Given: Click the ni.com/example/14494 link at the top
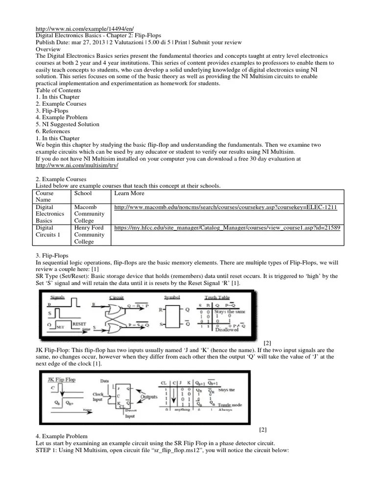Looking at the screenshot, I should [x=85, y=29].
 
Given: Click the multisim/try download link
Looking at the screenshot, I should [x=77, y=166].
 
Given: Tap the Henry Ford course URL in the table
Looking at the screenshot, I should [x=227, y=228].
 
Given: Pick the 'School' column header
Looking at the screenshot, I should [x=83, y=193].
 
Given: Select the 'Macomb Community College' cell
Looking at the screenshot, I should [x=89, y=214].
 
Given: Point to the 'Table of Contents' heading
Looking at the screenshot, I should [x=58, y=91].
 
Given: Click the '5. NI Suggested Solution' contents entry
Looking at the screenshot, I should [x=68, y=124].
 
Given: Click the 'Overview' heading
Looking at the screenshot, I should [x=48, y=49].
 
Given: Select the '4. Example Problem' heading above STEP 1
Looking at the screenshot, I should [x=62, y=436].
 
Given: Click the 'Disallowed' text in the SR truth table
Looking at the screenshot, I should [x=226, y=330].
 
